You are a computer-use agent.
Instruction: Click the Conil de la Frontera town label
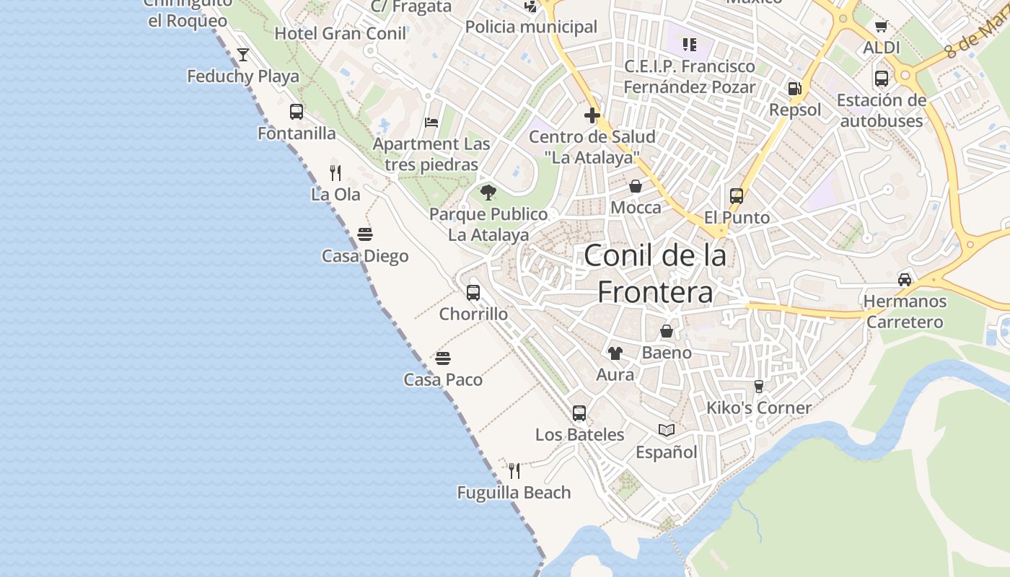pos(655,273)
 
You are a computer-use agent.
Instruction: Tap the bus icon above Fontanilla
pos(297,112)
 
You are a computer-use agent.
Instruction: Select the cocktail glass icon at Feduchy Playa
pos(243,55)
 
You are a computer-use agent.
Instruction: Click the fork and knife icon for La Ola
pos(335,172)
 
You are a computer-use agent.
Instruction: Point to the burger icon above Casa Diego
pos(365,234)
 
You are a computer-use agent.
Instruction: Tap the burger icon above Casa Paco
pos(443,358)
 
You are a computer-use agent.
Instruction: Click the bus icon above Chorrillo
pos(473,293)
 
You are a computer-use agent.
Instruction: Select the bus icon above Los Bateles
pos(579,413)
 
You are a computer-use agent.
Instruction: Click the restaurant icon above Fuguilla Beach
pos(514,471)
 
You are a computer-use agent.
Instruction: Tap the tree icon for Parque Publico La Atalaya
pos(488,193)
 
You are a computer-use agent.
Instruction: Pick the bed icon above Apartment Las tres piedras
pos(431,123)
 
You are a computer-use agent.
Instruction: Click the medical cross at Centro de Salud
pos(592,115)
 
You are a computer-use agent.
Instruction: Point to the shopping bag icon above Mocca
pos(636,187)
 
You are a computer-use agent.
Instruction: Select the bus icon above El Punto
pos(737,196)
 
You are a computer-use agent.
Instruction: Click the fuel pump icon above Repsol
pos(795,89)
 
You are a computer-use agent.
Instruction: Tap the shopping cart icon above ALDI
pos(881,27)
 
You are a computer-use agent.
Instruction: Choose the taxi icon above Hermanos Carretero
pos(905,279)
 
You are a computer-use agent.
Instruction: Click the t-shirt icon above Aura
pos(615,353)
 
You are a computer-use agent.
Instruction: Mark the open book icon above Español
pos(667,431)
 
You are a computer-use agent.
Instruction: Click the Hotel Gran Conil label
pos(341,33)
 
